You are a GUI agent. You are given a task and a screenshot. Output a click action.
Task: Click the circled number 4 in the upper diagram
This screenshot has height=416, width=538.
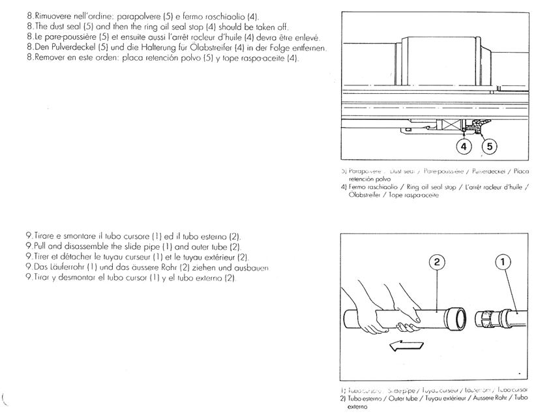pos(463,147)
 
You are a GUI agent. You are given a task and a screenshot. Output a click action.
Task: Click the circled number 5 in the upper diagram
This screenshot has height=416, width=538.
pos(488,147)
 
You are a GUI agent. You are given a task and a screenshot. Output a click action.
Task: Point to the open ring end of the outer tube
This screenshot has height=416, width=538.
pos(459,318)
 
